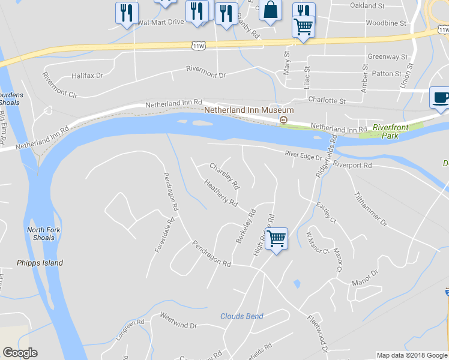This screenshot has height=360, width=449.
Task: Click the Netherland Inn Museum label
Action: [x=249, y=110]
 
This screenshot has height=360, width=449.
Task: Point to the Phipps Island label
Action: [x=40, y=263]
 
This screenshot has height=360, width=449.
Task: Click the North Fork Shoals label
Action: [x=40, y=233]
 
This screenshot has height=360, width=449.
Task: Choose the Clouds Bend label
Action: [x=241, y=316]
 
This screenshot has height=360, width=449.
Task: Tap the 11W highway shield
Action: [x=198, y=45]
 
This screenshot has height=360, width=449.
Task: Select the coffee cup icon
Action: [x=441, y=97]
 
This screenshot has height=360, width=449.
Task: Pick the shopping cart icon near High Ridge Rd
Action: [x=276, y=238]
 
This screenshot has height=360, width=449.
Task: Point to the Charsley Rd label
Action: [x=224, y=175]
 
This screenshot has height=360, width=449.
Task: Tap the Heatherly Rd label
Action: [x=221, y=193]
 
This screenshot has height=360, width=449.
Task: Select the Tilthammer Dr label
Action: [x=371, y=209]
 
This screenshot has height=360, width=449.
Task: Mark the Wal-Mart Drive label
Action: [x=160, y=22]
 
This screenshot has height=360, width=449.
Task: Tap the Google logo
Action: [x=20, y=353]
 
